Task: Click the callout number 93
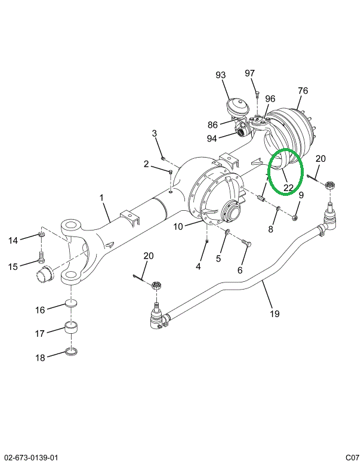pyautogui.click(x=221, y=75)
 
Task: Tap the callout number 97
pyautogui.click(x=249, y=73)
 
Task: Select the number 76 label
pyautogui.click(x=303, y=91)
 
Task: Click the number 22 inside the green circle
pyautogui.click(x=289, y=188)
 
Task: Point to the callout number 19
pyautogui.click(x=274, y=314)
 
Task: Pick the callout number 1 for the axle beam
pyautogui.click(x=101, y=198)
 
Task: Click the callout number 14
pyautogui.click(x=13, y=241)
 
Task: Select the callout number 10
pyautogui.click(x=178, y=226)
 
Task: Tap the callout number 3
pyautogui.click(x=153, y=133)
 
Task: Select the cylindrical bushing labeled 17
pyautogui.click(x=72, y=328)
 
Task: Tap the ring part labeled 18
pyautogui.click(x=72, y=352)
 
